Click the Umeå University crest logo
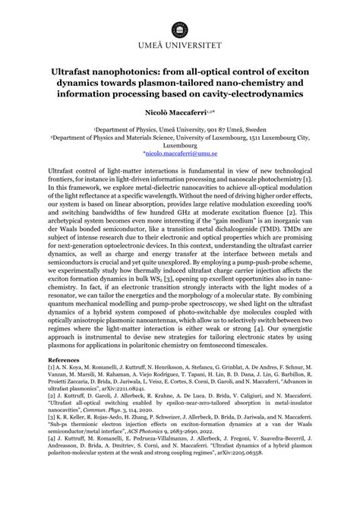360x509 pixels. pos(180,22)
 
